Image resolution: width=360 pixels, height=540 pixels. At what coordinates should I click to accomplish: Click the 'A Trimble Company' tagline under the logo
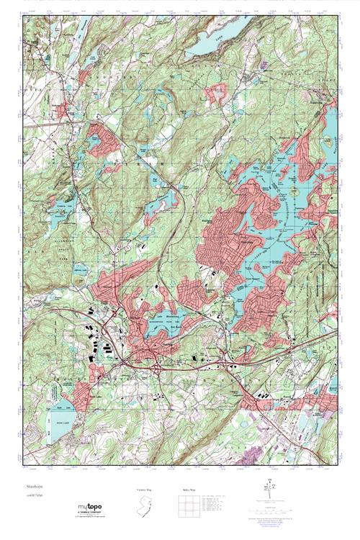[x=91, y=516]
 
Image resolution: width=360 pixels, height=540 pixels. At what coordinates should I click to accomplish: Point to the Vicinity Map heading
[x=145, y=490]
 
